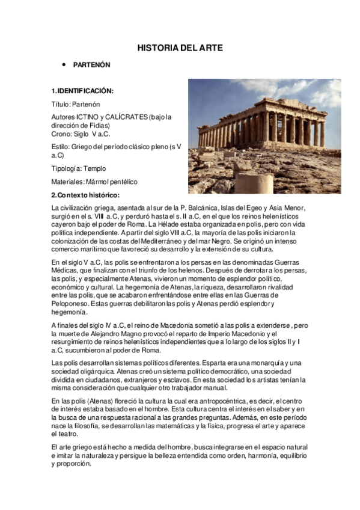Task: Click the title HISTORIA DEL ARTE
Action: point(180,48)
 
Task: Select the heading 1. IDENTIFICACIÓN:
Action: point(82,91)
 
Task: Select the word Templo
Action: point(95,168)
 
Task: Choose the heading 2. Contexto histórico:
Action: point(85,195)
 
